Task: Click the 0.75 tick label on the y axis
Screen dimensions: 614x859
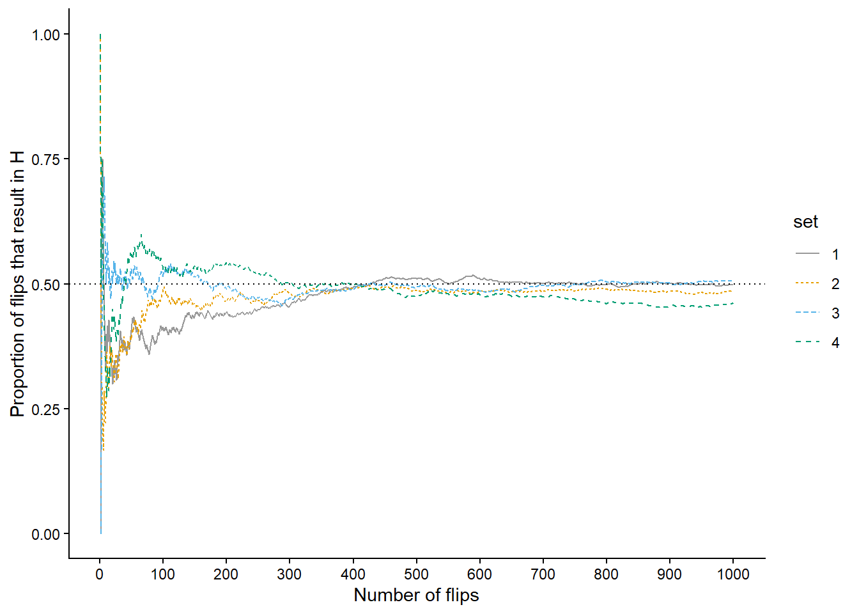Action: tap(45, 159)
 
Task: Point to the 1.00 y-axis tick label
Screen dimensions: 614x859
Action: tap(45, 35)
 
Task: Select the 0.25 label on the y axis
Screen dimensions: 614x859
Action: tap(45, 409)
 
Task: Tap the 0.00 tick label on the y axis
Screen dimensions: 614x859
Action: tap(45, 534)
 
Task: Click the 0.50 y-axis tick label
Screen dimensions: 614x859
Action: tap(45, 285)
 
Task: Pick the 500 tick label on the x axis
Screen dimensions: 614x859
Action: tap(416, 574)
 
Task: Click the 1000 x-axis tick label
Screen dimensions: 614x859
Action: tap(733, 574)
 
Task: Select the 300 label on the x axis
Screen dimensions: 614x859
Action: tap(290, 574)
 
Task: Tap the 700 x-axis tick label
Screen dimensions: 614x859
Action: tap(543, 574)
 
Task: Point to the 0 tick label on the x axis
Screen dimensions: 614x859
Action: tap(100, 574)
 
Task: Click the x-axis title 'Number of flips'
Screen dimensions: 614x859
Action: tap(416, 595)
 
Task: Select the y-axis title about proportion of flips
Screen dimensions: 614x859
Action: tap(17, 284)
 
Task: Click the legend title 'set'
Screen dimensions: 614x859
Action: tap(805, 222)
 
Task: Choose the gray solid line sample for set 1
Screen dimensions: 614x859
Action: tap(807, 254)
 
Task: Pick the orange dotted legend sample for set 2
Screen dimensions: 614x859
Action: tap(807, 283)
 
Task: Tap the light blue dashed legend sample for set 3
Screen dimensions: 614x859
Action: tap(807, 313)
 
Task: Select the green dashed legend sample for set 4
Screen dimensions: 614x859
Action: tap(807, 342)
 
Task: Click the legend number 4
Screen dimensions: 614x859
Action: tap(835, 343)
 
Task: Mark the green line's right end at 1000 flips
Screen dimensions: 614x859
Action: tap(732, 303)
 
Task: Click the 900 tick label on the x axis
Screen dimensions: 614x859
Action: tap(669, 574)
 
